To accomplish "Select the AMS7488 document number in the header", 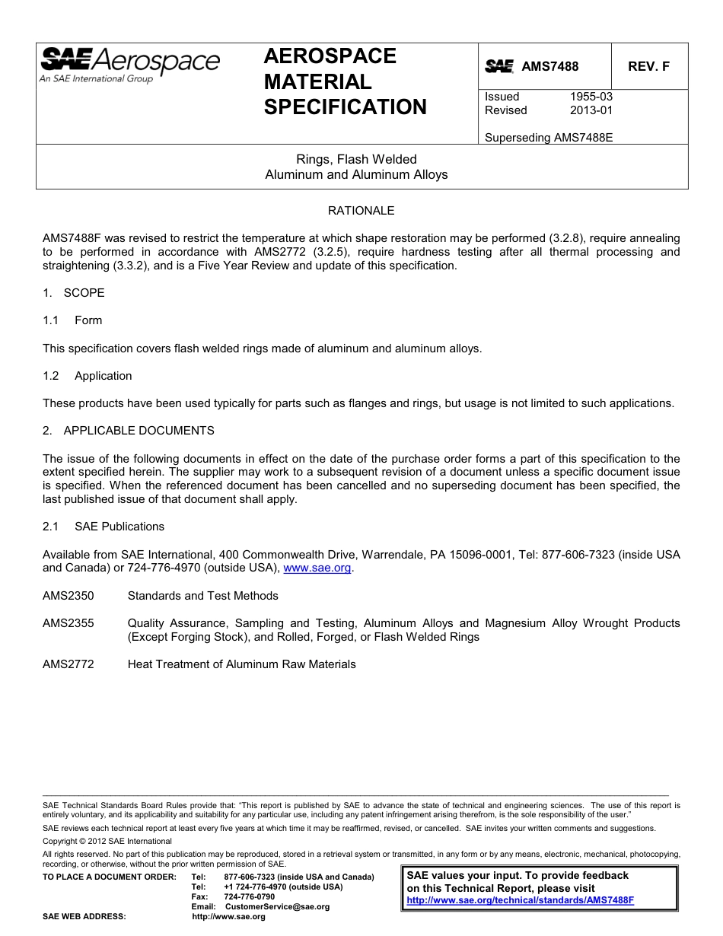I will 549,67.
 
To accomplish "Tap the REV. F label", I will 648,67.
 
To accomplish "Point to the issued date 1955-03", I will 591,97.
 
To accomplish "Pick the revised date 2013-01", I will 591,110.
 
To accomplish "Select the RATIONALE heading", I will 361,211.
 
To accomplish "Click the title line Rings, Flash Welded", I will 356,159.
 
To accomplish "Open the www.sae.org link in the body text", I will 317,568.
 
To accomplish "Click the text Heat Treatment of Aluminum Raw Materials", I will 241,664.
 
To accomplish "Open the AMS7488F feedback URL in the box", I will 520,900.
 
